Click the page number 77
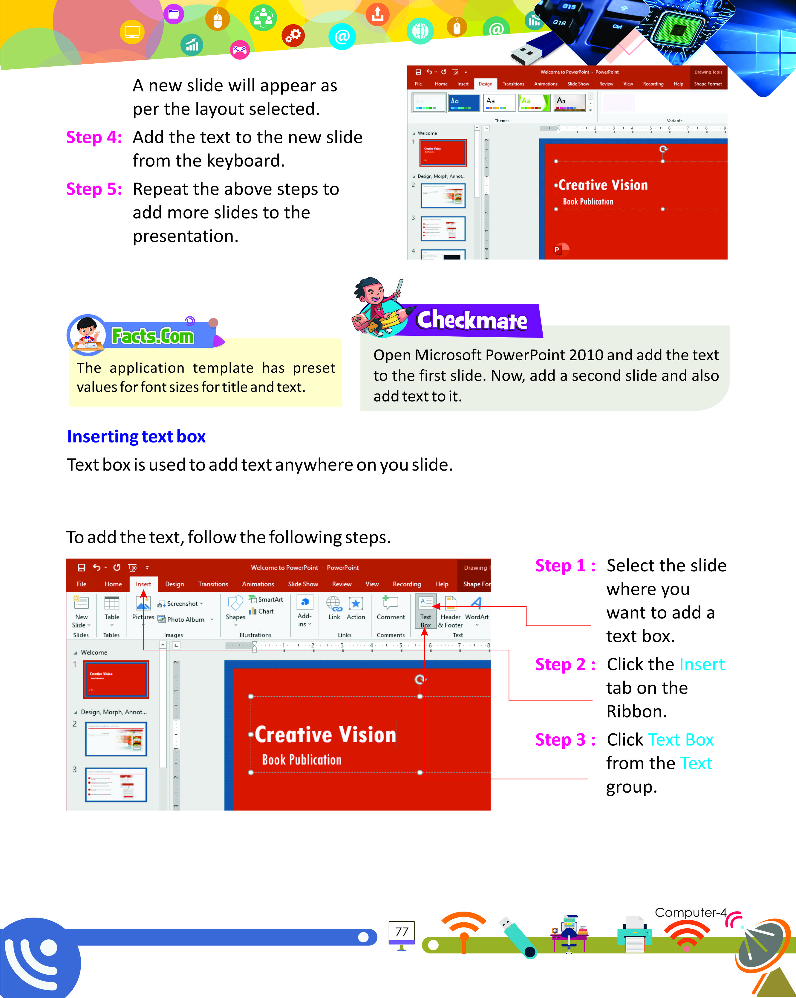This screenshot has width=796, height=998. pos(402,931)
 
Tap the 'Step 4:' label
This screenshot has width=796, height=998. pos(94,138)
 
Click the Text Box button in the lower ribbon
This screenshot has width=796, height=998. pos(425,611)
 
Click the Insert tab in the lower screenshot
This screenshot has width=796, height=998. pos(143,584)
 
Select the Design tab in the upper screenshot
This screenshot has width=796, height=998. pos(485,84)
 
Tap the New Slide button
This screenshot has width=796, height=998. pos(81,611)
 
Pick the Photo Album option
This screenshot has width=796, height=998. pos(186,619)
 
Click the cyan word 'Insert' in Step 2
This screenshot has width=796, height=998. pos(701,664)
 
